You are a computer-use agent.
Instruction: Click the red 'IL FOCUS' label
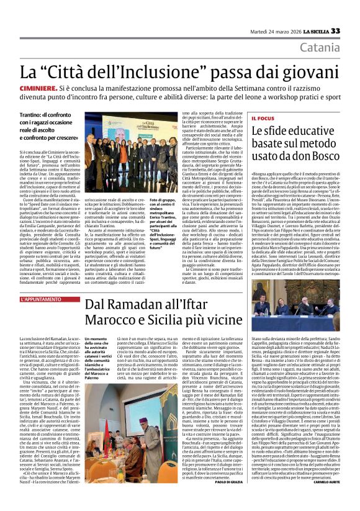point(262,117)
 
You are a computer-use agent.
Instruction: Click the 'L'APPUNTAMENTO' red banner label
point(41,300)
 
